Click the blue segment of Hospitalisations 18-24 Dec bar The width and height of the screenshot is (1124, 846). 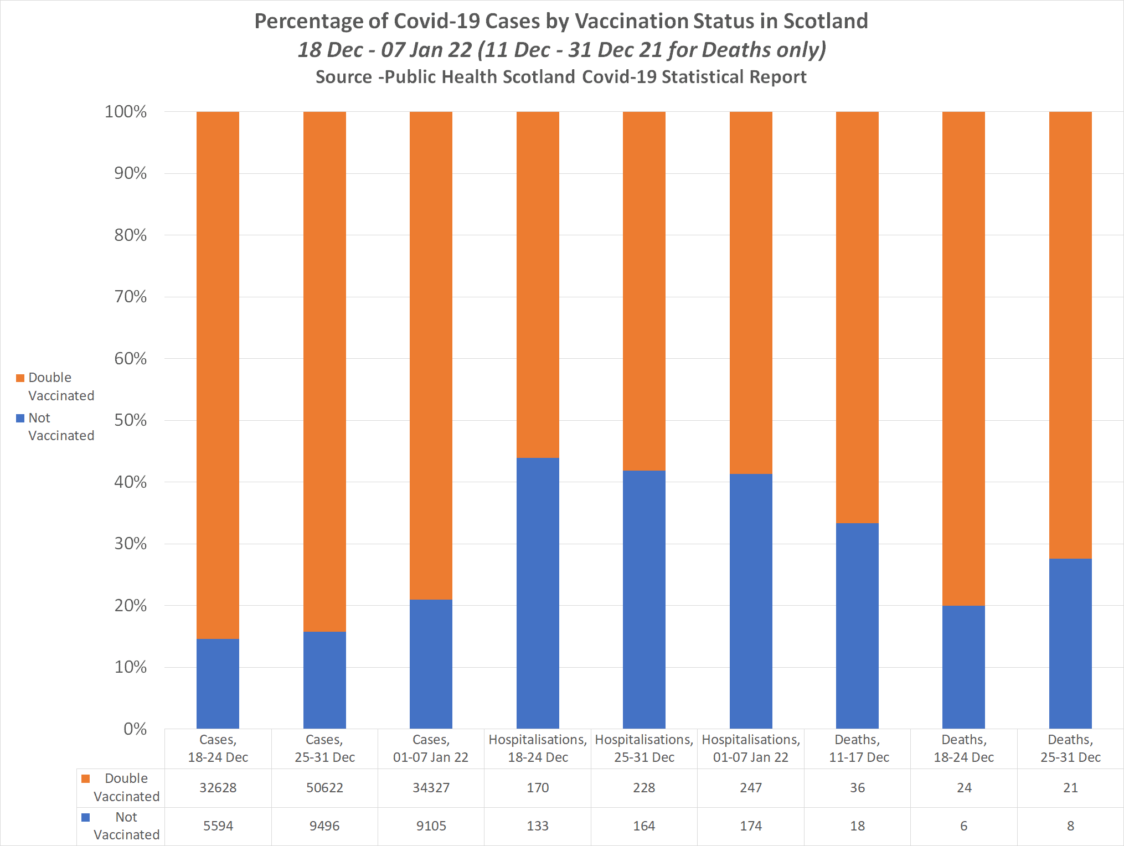(x=538, y=592)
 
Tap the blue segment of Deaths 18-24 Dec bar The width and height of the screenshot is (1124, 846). (x=963, y=667)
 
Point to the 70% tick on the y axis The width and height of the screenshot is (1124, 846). (x=131, y=297)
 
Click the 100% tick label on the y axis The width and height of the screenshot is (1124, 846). (x=126, y=112)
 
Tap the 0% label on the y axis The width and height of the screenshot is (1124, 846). (x=135, y=729)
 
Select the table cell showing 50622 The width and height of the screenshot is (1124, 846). (x=324, y=788)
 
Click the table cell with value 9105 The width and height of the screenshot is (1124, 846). (x=431, y=826)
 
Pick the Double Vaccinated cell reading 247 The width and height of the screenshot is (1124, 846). (x=750, y=788)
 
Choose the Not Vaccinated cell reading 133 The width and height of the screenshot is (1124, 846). (x=538, y=826)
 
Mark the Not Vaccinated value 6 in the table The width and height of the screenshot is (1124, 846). (x=963, y=826)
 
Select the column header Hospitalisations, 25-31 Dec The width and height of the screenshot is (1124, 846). (x=644, y=749)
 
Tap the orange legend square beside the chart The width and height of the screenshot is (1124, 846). (x=20, y=378)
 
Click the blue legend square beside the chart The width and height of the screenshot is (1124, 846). (x=20, y=418)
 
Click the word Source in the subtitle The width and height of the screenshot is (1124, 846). (x=343, y=77)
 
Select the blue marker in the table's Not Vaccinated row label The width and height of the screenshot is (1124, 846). (x=86, y=817)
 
